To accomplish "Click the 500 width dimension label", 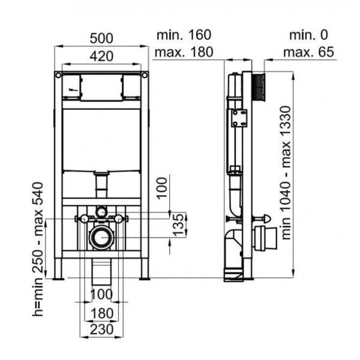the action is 101,38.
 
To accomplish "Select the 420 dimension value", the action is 101,56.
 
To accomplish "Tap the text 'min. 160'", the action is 184,35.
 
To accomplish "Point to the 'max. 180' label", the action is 184,52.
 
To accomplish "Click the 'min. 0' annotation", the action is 308,35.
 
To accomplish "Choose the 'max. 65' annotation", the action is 308,52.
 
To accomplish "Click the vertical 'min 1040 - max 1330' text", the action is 286,173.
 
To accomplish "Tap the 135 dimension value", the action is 178,225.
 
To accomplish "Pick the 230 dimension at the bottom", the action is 102,329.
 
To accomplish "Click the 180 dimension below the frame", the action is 102,313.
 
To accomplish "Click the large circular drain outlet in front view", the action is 101,238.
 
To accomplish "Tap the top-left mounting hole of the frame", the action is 58,75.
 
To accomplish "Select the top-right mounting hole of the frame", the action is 145,75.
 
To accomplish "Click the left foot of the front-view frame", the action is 58,278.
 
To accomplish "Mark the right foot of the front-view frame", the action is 145,278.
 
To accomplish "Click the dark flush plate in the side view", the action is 259,87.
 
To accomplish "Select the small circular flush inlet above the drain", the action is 101,211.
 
